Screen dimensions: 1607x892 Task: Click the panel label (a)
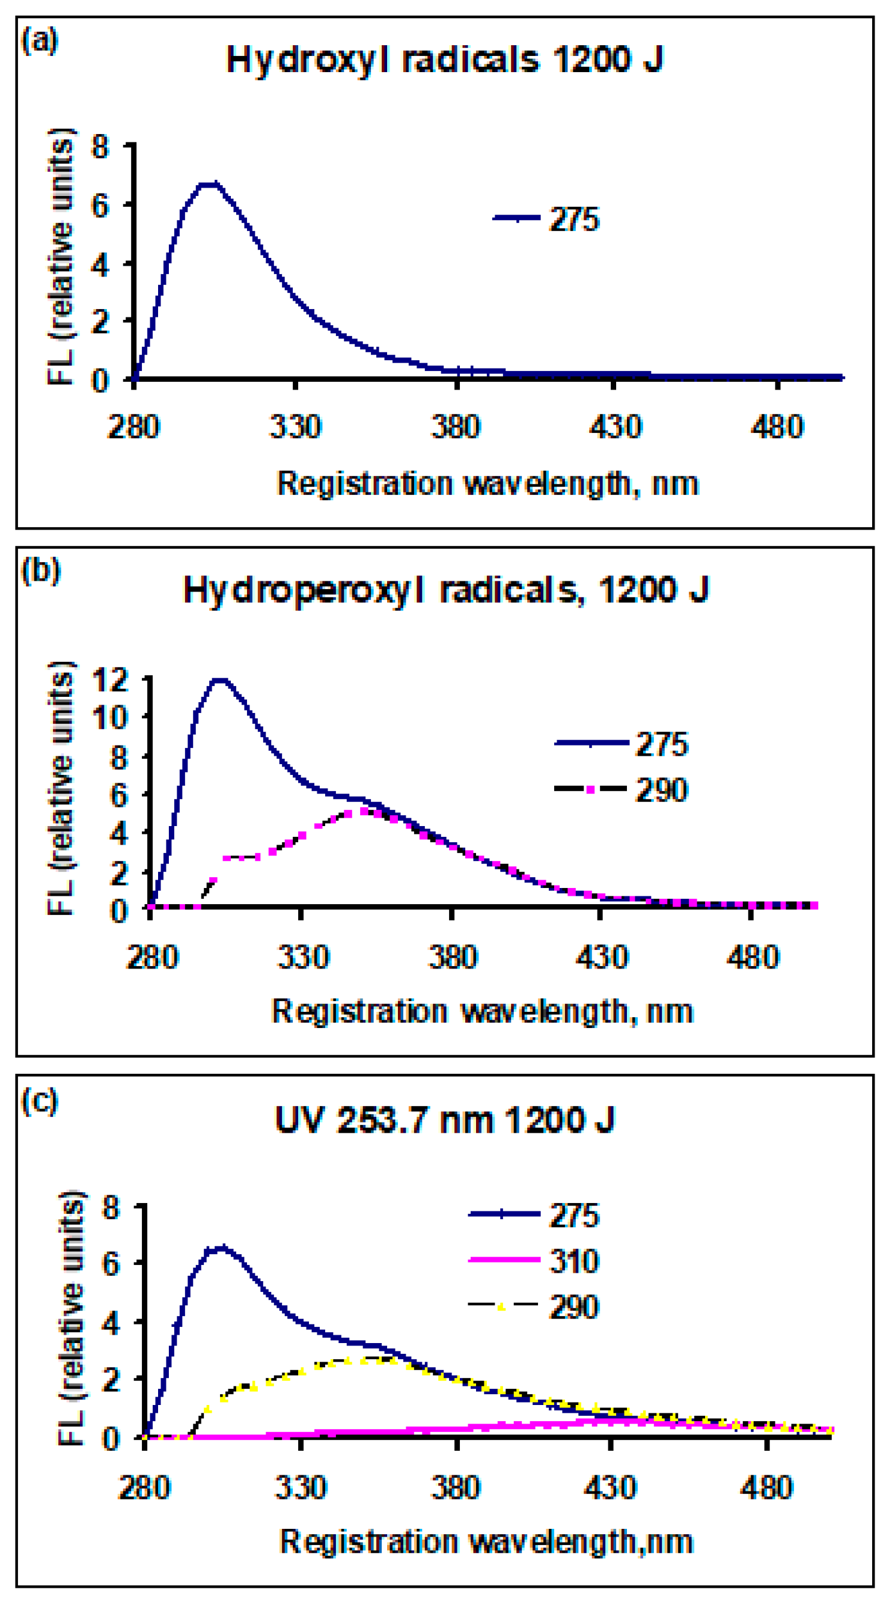coord(39,41)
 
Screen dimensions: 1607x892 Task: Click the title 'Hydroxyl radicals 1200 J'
coord(444,61)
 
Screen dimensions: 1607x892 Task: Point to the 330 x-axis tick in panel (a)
coord(295,427)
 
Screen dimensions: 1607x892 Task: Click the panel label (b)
coord(40,571)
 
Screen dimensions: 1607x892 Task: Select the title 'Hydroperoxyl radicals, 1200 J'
coord(445,590)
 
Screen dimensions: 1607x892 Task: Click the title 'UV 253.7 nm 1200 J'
coord(444,1121)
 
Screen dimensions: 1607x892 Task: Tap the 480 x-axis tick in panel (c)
coord(766,1488)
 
